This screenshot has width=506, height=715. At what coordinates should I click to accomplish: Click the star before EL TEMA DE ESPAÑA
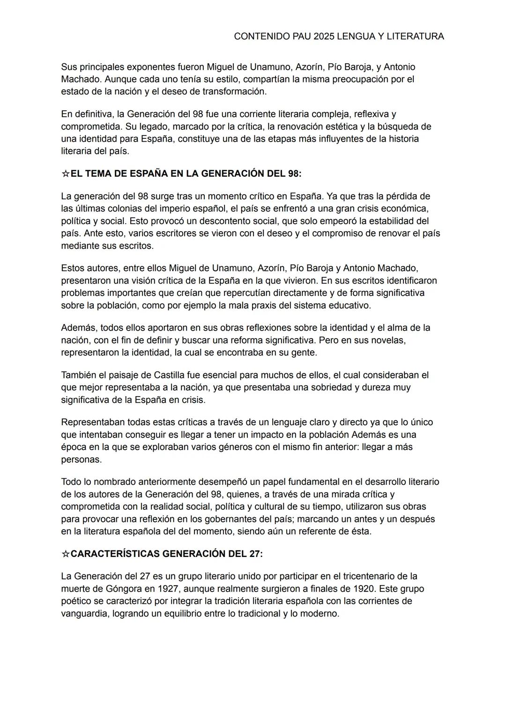pyautogui.click(x=66, y=174)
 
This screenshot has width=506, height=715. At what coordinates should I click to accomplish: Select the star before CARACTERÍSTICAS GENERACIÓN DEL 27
pyautogui.click(x=66, y=554)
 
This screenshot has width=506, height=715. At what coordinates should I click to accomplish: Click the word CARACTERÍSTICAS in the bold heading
pyautogui.click(x=115, y=554)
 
